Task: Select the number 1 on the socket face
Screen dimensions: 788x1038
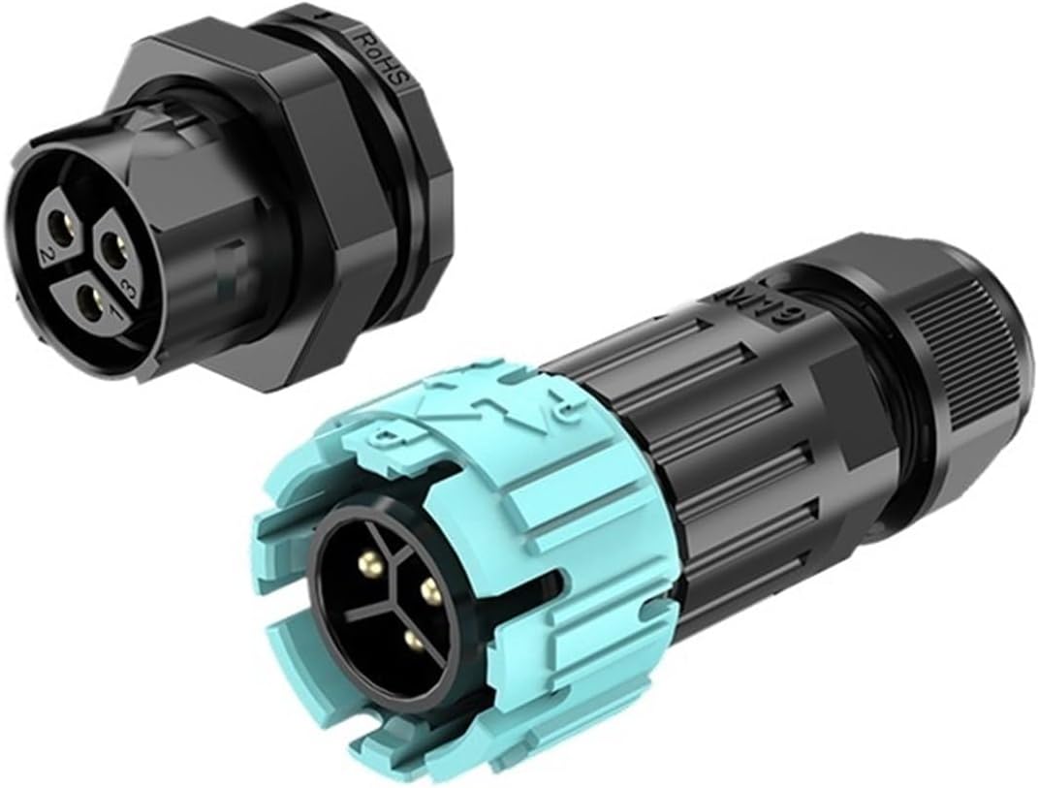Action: tap(112, 313)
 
